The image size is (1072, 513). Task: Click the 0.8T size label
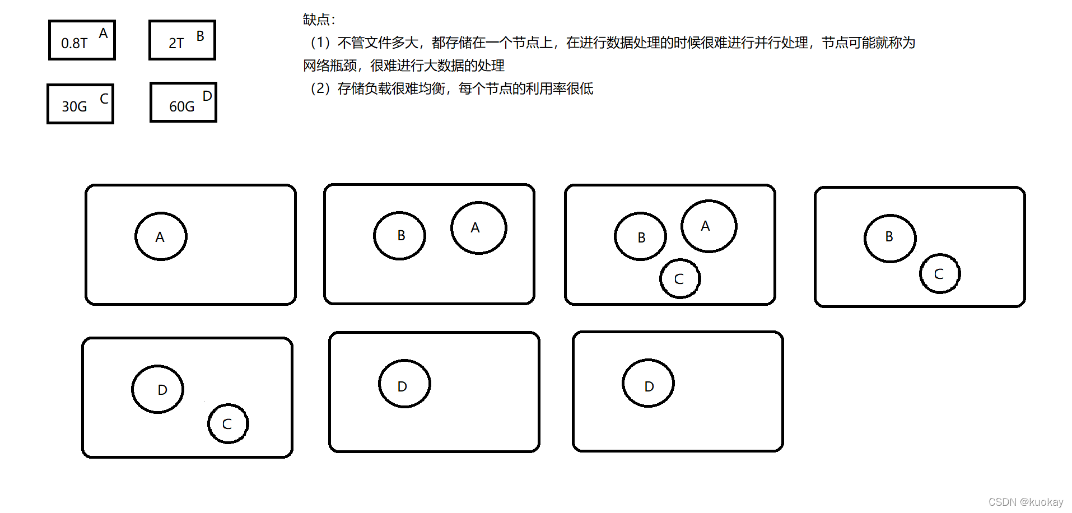[74, 43]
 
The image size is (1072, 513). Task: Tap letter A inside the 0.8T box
[103, 34]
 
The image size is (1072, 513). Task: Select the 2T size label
[176, 43]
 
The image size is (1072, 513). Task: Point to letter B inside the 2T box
[200, 36]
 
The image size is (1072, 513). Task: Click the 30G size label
[74, 106]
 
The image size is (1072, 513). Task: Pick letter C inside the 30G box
[104, 99]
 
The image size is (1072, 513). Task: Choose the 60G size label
[182, 106]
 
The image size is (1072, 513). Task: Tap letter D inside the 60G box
[207, 96]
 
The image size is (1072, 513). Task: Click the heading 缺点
[319, 20]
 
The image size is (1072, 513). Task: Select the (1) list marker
[320, 43]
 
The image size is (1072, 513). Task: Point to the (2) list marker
[320, 88]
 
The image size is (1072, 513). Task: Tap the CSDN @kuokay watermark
[1026, 502]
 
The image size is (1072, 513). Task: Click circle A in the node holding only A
[161, 236]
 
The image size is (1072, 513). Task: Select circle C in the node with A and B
[679, 278]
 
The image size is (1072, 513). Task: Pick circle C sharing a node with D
[227, 423]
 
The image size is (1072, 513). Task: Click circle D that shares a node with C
[158, 389]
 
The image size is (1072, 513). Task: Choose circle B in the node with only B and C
[889, 237]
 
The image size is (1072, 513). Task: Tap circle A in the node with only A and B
[478, 227]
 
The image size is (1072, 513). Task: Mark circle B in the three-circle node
[640, 236]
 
